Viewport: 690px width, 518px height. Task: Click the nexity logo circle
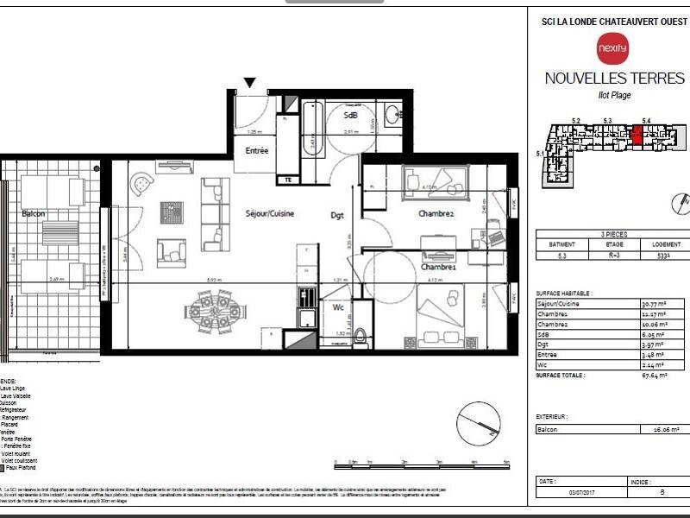tap(606, 47)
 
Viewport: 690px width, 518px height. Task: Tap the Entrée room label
tap(256, 150)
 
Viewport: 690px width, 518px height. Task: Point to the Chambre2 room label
tap(436, 213)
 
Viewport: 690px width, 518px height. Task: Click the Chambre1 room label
tap(438, 268)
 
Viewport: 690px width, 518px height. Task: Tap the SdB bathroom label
tap(351, 115)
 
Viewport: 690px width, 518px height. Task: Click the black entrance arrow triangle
tap(250, 83)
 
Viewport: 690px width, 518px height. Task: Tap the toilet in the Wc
tap(362, 335)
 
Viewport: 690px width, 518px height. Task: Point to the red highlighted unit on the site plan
tap(637, 135)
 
